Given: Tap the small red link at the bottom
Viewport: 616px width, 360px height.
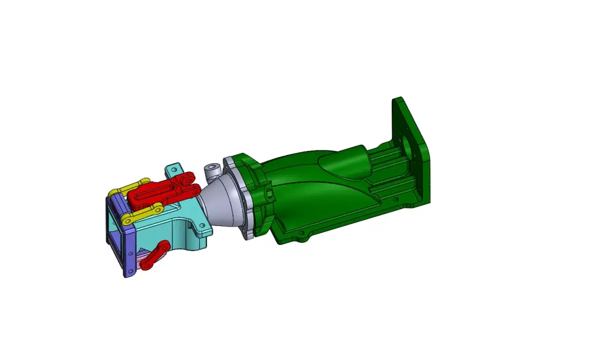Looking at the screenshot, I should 156,255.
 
